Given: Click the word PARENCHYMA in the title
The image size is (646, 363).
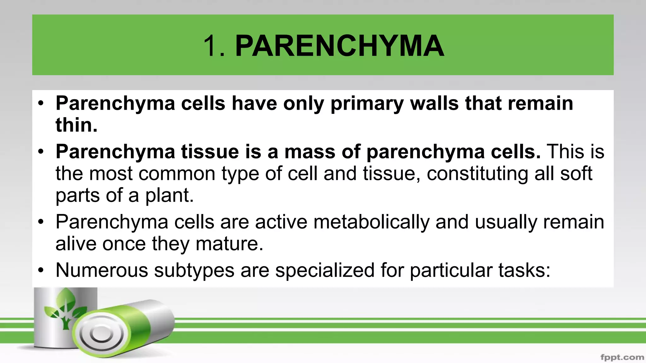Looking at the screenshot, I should point(340,46).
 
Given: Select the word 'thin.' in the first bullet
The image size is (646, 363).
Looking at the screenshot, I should point(77,125).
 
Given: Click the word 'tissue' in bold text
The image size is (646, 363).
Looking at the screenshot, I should point(209,152).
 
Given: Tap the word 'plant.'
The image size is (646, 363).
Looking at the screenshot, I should point(169,195).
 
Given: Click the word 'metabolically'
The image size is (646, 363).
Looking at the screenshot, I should point(371,222).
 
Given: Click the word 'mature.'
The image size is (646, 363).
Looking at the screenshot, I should point(229,244).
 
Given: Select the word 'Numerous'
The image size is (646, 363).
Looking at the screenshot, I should point(102,270).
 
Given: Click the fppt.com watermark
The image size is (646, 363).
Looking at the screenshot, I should point(622,357).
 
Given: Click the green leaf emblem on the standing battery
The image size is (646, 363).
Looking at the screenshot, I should point(65,307).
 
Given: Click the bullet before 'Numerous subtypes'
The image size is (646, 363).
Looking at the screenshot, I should point(41,270).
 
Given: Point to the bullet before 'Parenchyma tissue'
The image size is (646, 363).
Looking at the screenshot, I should point(41,152).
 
